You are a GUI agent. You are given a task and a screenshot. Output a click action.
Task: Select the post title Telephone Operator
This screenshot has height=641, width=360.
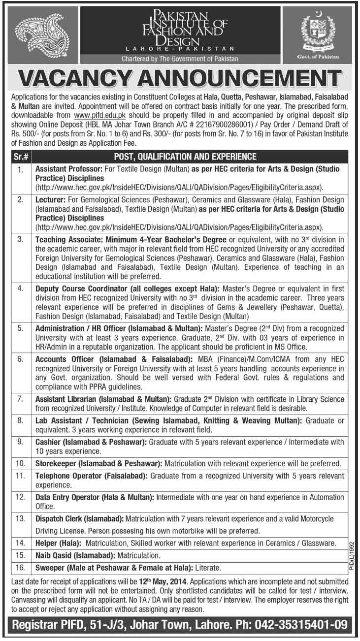[x=65, y=476]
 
